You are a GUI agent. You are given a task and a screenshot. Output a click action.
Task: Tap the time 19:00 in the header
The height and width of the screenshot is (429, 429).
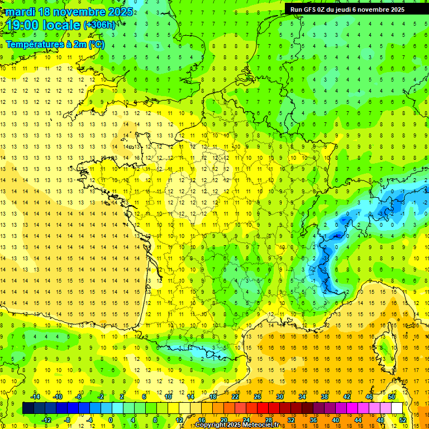pos(22,25)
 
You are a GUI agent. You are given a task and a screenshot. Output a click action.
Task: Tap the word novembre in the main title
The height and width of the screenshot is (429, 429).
pos(80,12)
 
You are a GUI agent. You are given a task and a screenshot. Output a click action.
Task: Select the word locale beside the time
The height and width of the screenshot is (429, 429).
pos(63,25)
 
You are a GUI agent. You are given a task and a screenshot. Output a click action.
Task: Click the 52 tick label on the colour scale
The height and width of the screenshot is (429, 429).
pos(402,420)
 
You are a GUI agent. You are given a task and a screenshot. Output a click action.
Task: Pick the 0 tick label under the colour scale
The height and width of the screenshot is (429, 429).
pos(111,420)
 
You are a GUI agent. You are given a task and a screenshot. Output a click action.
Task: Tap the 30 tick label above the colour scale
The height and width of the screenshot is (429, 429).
pos(279,397)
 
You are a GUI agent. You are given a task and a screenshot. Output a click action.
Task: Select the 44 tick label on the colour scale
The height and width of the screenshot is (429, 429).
pos(359,420)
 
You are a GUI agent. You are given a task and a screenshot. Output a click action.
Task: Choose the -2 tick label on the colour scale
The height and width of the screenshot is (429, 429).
pos(101,397)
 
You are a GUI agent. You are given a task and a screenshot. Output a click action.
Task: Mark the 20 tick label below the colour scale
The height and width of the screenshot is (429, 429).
pos(223,420)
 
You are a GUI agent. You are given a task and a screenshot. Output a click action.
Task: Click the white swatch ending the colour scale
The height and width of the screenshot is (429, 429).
pos(397,408)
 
